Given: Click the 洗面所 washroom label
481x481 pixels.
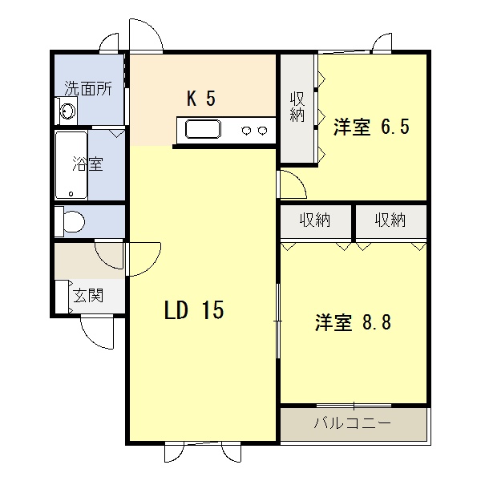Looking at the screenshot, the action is coord(88,89).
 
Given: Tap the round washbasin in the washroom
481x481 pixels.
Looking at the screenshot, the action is coord(68,111).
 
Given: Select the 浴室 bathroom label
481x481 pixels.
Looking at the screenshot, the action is coord(87,164).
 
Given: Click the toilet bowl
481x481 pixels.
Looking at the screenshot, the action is coord(74,221).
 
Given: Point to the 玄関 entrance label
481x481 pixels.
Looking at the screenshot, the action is coord(88,295).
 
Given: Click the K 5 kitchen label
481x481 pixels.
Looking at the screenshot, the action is coord(201,99).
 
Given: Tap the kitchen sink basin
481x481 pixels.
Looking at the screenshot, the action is coord(203,129).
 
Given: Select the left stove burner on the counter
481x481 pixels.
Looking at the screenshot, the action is coord(246,131).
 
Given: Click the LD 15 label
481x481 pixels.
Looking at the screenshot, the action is coord(194,309).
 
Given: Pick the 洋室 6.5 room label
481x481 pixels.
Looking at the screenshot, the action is coord(371,127).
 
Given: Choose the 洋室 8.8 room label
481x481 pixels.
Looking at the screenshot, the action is coord(353,322).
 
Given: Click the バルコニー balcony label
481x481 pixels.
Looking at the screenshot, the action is coord(353,423).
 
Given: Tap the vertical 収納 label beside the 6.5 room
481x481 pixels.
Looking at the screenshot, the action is coord(297,107).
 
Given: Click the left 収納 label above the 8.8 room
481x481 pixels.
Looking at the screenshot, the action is coord(315,220).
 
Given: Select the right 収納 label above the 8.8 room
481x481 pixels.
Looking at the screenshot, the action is coord(390,220).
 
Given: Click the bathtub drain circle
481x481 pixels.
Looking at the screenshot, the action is coord(71,194).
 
